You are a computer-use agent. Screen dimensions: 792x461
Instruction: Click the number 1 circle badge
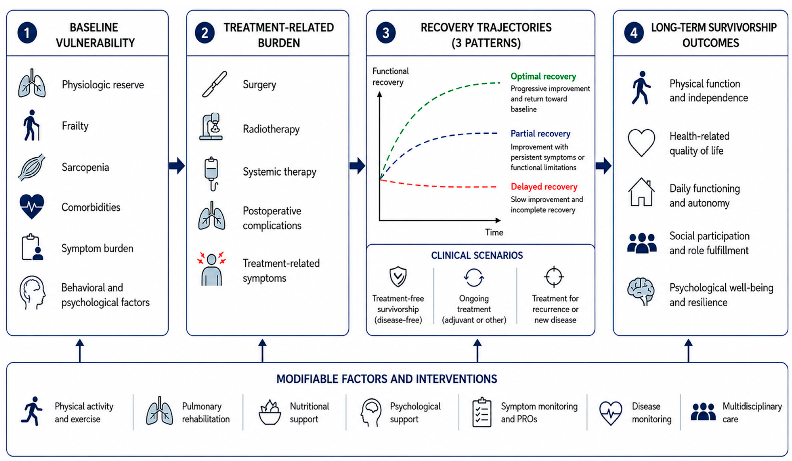27,33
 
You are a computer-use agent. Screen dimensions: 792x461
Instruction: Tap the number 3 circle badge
386,33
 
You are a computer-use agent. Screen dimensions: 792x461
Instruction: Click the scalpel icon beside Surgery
214,84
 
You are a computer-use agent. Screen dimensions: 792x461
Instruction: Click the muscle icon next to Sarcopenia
31,167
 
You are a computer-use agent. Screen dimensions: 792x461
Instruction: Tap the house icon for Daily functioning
641,192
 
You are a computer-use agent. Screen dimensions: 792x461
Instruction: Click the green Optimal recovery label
543,76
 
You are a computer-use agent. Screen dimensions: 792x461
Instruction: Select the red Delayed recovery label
544,187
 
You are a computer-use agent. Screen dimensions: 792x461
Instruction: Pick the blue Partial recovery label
540,134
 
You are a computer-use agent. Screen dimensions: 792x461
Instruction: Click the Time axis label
494,232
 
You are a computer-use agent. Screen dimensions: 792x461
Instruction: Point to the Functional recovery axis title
390,77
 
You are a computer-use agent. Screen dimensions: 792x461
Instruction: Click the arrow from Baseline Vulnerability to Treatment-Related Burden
177,166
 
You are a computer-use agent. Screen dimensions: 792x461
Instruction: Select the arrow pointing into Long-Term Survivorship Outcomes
603,166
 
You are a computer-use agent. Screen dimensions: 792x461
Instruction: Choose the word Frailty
75,126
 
